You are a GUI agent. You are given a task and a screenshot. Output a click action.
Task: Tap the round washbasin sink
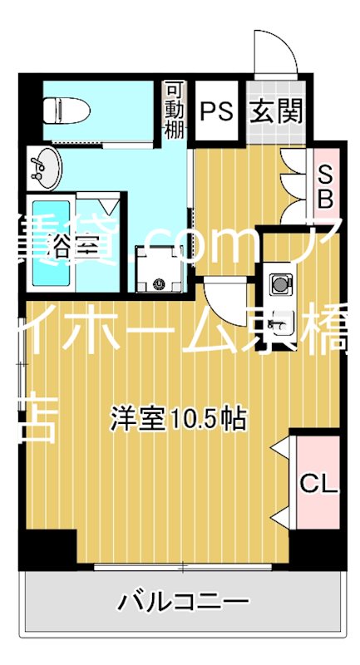(45, 169)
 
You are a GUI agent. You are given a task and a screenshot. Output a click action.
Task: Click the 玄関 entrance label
(275, 110)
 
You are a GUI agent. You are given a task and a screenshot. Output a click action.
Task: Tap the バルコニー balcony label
(183, 600)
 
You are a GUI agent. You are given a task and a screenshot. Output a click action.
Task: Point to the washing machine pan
(160, 271)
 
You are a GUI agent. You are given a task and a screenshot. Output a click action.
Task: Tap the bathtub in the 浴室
(51, 242)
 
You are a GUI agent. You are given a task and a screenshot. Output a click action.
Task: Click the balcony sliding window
(183, 568)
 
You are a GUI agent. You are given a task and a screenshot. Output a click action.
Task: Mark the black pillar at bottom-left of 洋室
(46, 549)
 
